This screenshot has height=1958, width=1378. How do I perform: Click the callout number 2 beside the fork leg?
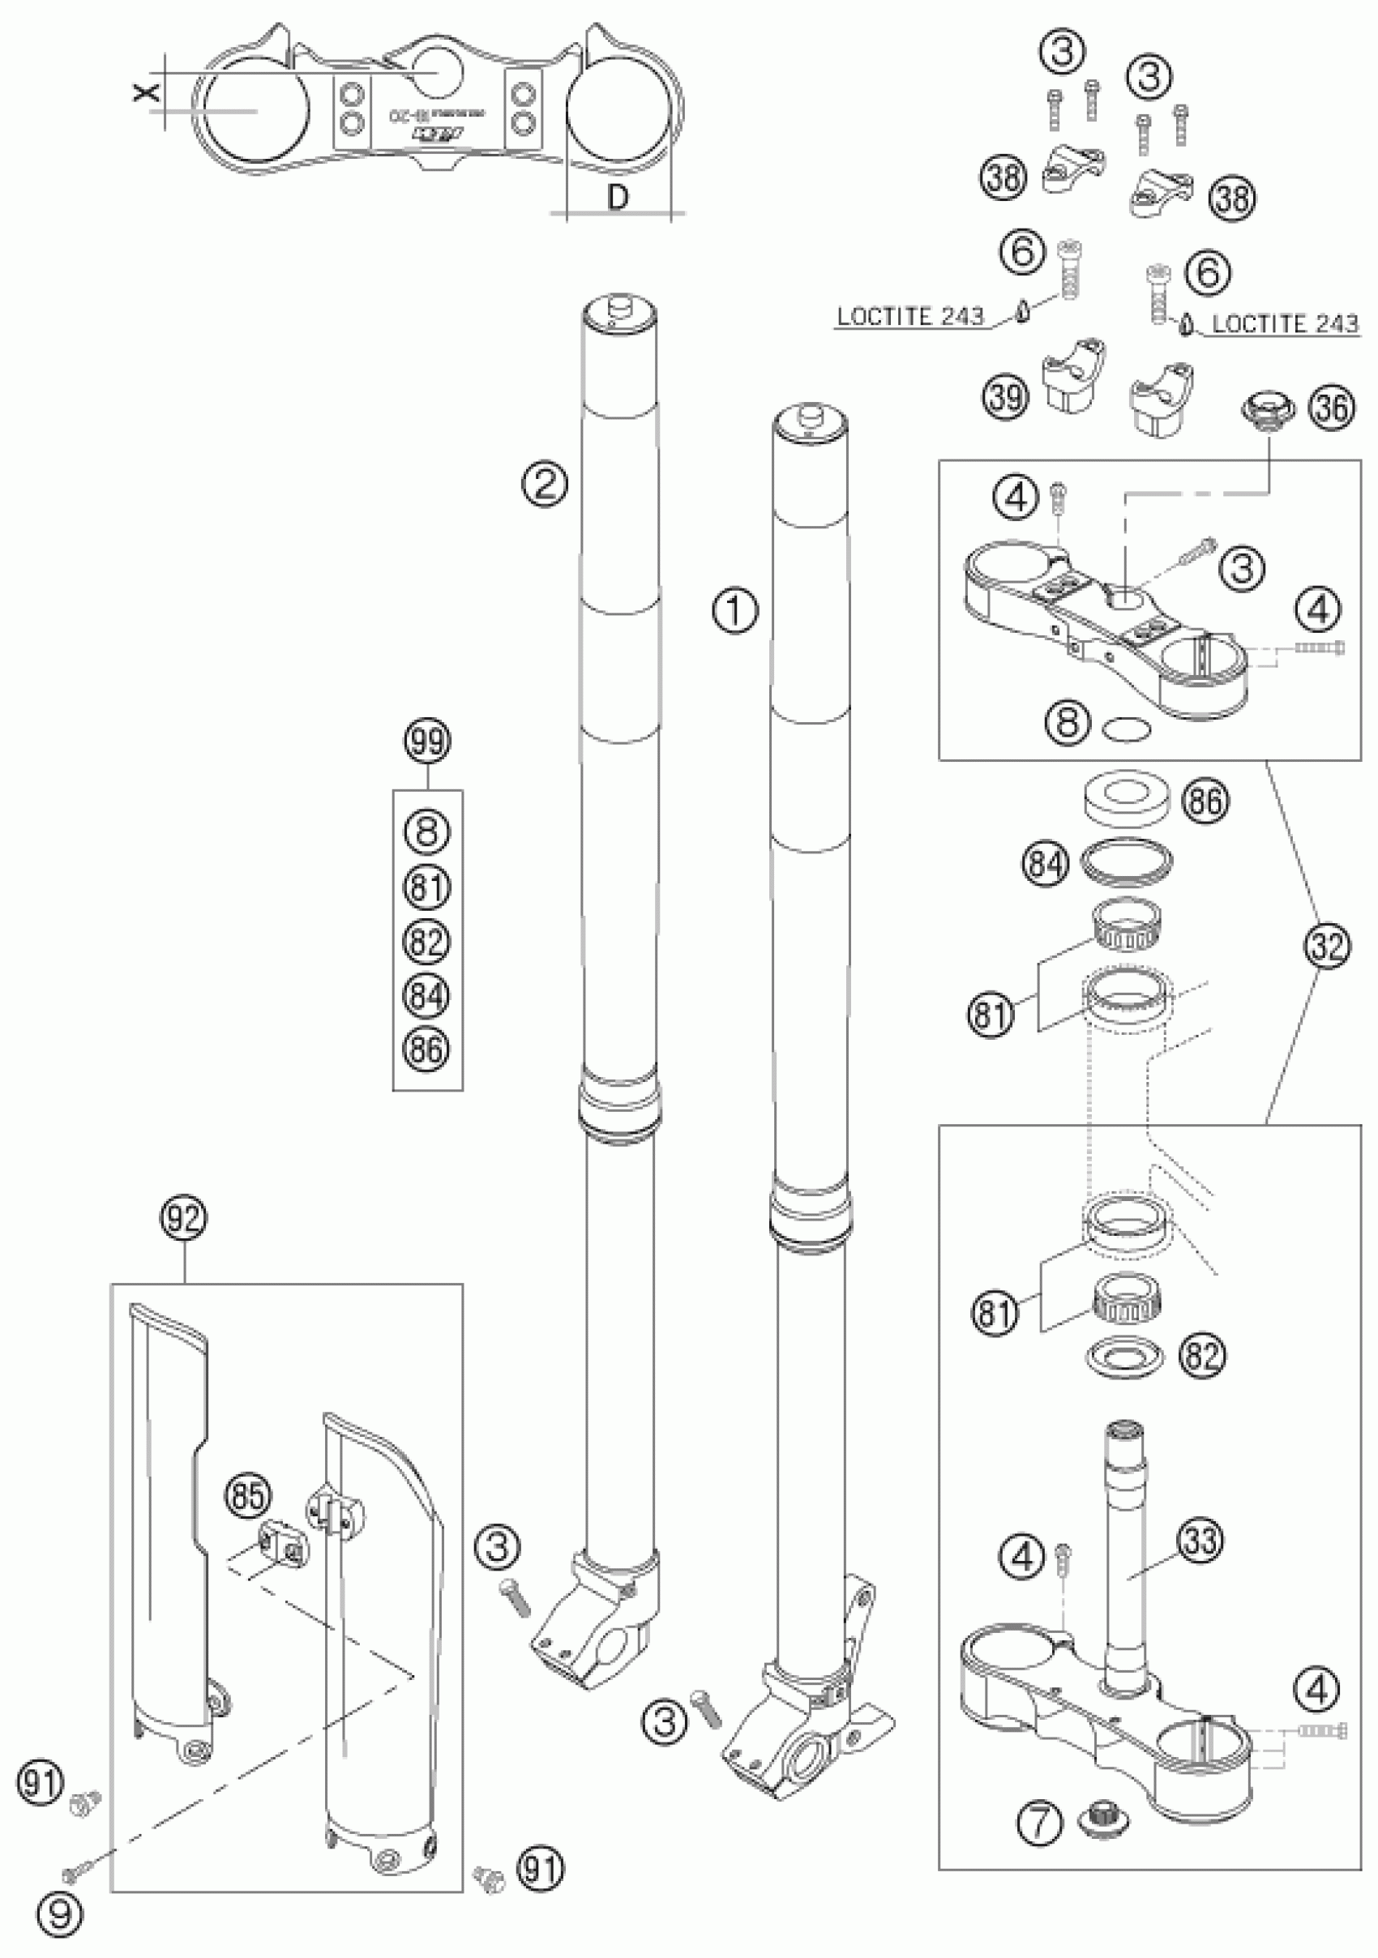pos(546,485)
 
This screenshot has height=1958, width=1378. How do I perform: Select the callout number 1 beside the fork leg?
pos(735,611)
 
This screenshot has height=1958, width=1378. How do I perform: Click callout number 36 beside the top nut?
pos(1332,408)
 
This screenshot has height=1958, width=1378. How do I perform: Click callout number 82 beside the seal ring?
pos(1200,1354)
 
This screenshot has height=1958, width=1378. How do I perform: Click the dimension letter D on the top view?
pos(619,197)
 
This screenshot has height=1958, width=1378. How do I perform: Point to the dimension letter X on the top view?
pos(148,92)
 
